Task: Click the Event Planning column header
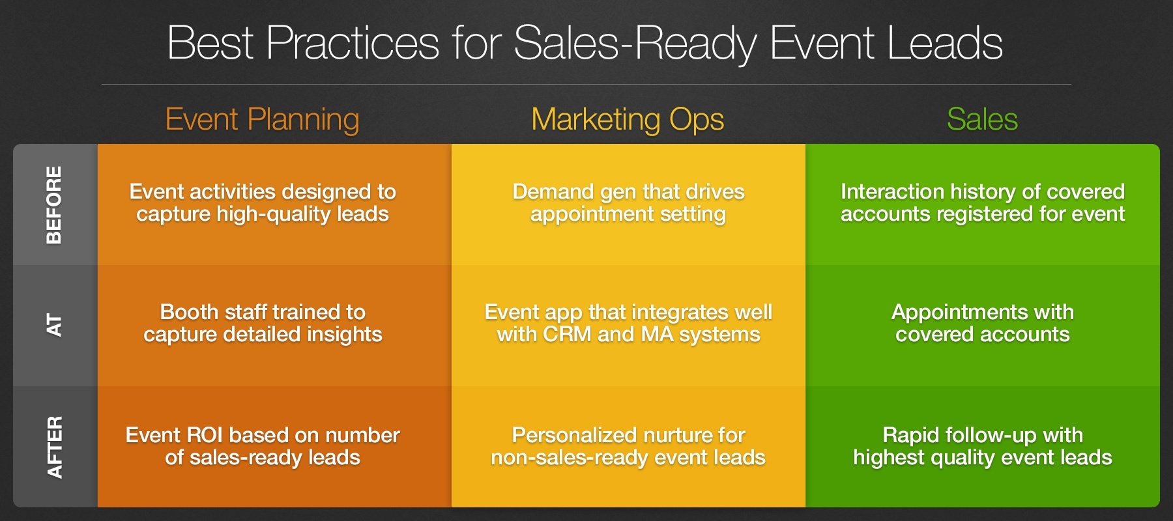[x=262, y=120]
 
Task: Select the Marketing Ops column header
[x=628, y=120]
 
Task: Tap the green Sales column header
[x=982, y=120]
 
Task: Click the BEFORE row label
[x=55, y=204]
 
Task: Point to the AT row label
[x=55, y=325]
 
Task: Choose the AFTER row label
[x=55, y=447]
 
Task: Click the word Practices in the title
[x=353, y=44]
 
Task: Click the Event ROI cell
[x=263, y=446]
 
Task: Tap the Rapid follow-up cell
[x=982, y=446]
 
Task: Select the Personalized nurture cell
[x=628, y=446]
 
